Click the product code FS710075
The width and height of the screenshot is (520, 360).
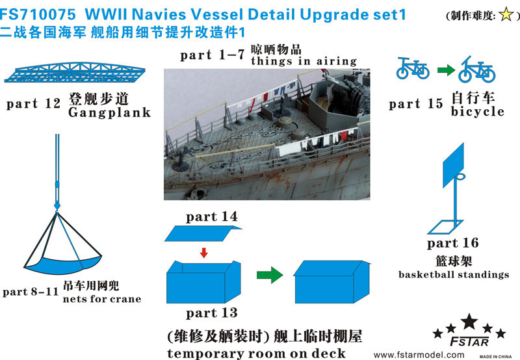[38, 14]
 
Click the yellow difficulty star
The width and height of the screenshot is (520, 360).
[506, 14]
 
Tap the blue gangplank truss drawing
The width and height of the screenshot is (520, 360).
[75, 72]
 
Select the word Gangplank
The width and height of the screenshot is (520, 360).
[109, 112]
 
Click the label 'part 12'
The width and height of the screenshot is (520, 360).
[34, 104]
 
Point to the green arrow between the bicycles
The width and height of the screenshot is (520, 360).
[446, 70]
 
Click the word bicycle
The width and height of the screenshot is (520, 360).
[477, 111]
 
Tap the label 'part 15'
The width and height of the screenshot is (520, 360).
[416, 104]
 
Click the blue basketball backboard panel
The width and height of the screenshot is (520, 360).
[453, 165]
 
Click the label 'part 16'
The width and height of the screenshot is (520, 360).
[453, 243]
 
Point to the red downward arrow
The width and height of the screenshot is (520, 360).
[203, 253]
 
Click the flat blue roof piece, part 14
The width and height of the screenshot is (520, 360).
[203, 233]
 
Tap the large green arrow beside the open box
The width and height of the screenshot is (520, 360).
[270, 274]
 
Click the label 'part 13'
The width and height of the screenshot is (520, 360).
[212, 313]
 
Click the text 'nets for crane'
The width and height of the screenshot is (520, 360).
[102, 299]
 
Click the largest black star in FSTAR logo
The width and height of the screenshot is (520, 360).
[469, 322]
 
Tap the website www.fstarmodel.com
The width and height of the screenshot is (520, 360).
[419, 355]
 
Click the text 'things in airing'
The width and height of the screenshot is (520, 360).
[304, 61]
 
